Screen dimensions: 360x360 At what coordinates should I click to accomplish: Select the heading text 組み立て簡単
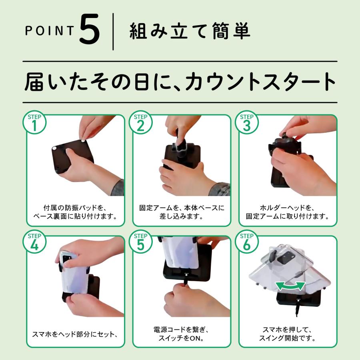pos(190,32)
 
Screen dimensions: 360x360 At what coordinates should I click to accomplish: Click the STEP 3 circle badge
pos(247,123)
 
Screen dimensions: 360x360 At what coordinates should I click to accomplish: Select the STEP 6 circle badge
pos(247,243)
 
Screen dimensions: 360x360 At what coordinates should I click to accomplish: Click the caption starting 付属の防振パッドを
pos(74,212)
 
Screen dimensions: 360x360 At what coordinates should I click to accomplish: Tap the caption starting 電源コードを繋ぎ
pos(181,334)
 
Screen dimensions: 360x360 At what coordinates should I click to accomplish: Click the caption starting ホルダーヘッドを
pos(288,212)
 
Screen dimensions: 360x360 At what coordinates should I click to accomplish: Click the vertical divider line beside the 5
pos(113,32)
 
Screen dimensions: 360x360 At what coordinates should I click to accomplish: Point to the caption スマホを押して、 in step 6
pos(288,330)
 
